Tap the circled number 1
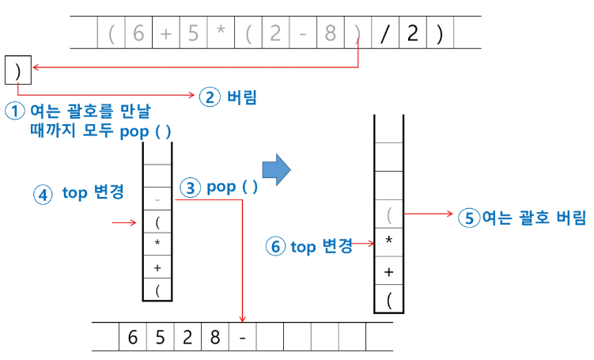[x=14, y=111]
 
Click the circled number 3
[x=191, y=188]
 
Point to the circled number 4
[x=44, y=193]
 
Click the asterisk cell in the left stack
[x=158, y=242]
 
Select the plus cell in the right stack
[x=388, y=271]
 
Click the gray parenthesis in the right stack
[x=388, y=214]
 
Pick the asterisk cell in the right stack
[x=388, y=242]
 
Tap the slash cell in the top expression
[x=384, y=34]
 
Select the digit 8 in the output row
[x=215, y=336]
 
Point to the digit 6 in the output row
[x=132, y=336]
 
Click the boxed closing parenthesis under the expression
[x=17, y=70]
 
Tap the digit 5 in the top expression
[x=192, y=34]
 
